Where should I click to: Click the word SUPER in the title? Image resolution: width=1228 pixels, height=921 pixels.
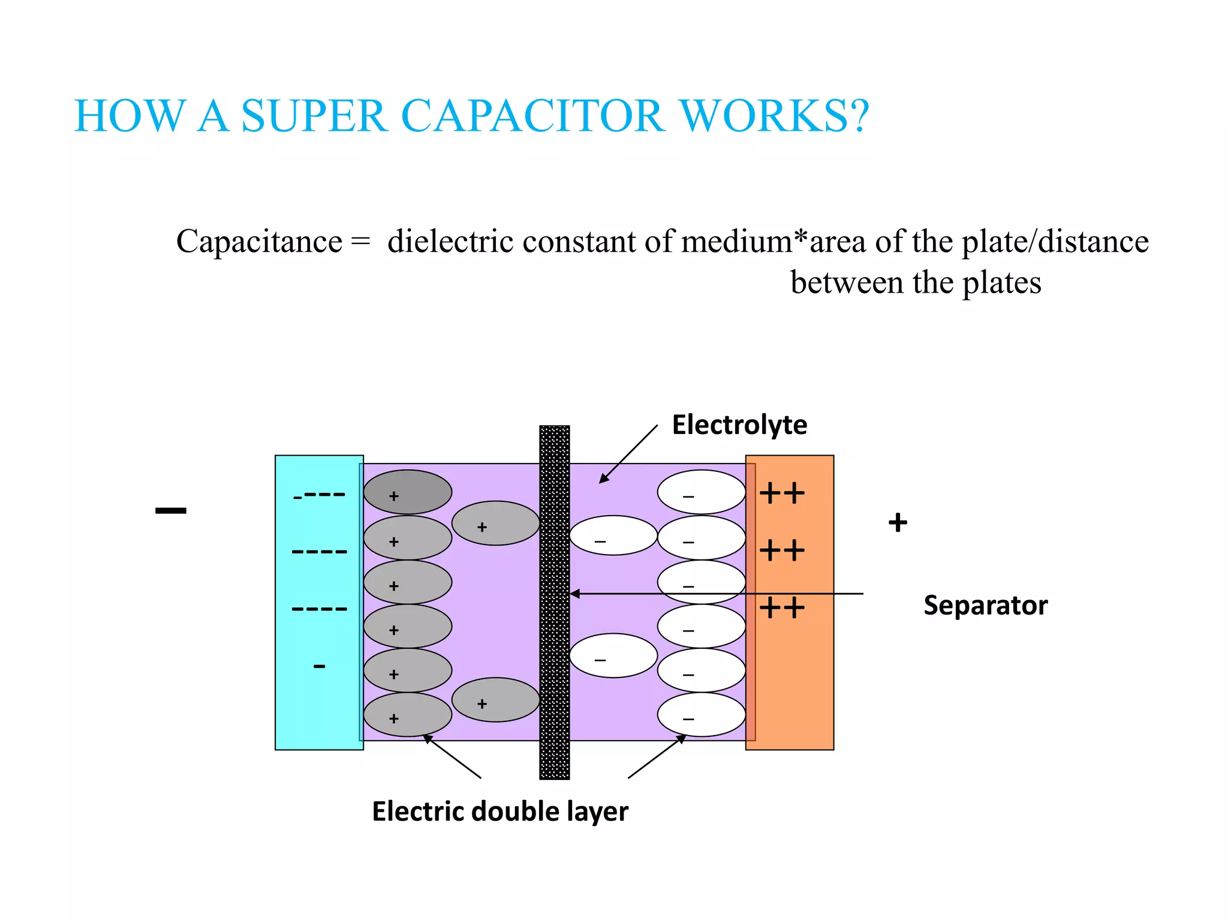[314, 116]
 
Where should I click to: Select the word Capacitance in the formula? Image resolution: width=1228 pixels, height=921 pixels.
[259, 242]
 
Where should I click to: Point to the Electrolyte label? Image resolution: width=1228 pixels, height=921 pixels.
[739, 425]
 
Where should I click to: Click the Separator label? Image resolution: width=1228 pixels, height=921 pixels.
[985, 605]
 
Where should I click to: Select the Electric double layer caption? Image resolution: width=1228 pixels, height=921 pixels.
[500, 811]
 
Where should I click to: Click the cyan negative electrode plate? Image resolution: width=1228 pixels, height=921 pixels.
[319, 708]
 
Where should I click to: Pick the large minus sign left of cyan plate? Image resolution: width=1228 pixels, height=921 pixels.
[171, 511]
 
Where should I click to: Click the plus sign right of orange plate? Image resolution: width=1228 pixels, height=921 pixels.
[898, 523]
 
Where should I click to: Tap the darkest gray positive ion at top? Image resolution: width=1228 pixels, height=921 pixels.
[408, 492]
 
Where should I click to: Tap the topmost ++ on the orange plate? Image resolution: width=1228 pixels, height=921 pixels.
[782, 494]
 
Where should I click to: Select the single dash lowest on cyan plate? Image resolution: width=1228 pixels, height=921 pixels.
[320, 666]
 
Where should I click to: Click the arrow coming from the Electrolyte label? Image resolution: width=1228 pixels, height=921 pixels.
[628, 454]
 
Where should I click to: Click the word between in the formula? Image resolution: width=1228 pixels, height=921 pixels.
[846, 282]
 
